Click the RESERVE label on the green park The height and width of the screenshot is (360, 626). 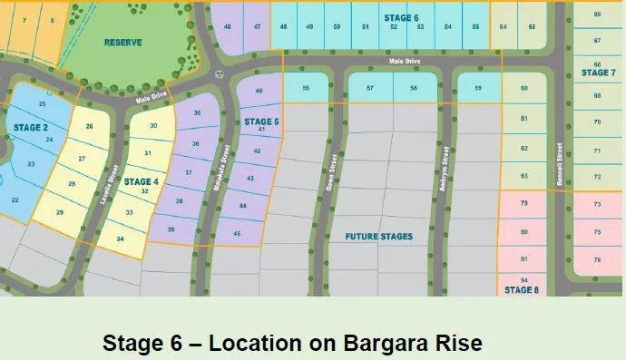(x=123, y=43)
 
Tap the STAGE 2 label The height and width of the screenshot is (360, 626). (x=31, y=127)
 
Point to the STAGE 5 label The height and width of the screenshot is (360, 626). (x=261, y=121)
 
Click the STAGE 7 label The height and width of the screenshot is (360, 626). (x=598, y=73)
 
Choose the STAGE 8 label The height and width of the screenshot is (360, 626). (x=522, y=290)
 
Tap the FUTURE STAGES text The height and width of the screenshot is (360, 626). (x=379, y=237)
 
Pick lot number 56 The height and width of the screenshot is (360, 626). (x=306, y=88)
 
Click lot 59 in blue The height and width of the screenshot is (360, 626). (x=477, y=88)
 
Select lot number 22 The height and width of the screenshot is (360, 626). (x=15, y=199)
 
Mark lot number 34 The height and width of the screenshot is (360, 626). (x=120, y=238)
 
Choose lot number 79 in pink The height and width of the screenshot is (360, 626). (x=523, y=204)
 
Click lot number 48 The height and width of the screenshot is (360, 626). (x=284, y=27)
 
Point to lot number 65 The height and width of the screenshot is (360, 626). (x=532, y=27)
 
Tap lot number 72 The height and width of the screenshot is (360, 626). (x=597, y=177)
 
